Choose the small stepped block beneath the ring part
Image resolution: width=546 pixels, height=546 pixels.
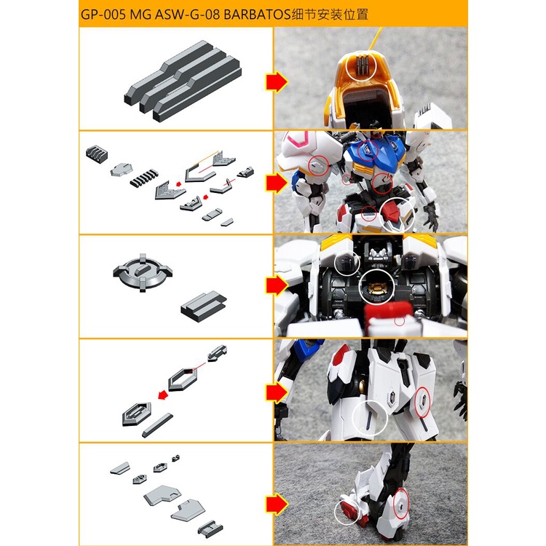tap(204, 303)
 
